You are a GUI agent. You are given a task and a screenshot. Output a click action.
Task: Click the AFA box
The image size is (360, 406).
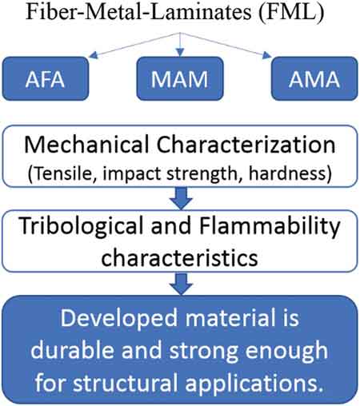click(46, 78)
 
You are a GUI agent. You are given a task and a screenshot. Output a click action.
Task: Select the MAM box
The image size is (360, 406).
click(180, 78)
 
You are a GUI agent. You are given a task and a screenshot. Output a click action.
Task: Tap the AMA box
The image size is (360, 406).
click(314, 78)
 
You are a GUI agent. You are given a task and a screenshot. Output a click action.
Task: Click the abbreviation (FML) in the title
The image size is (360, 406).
click(291, 12)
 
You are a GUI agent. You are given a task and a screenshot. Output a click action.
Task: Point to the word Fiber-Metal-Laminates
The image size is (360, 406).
click(138, 12)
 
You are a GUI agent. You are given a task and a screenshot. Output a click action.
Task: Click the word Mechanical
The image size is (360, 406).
click(86, 145)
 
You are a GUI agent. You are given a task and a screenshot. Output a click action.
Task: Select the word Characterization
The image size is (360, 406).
click(246, 145)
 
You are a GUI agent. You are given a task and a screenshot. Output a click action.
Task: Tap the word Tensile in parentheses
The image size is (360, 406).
click(62, 173)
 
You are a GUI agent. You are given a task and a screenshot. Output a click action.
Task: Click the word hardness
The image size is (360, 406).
click(290, 173)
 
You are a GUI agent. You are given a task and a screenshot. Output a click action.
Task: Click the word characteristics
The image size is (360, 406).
click(179, 258)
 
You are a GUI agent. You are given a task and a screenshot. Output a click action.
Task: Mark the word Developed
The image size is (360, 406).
click(119, 319)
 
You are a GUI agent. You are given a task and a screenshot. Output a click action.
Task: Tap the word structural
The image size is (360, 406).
click(126, 383)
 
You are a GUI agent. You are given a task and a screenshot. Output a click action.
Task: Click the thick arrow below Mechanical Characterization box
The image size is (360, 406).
click(181, 198)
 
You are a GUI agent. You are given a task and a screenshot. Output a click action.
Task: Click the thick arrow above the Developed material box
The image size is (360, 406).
click(181, 284)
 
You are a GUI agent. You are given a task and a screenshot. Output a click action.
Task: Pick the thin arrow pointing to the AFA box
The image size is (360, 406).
click(134, 45)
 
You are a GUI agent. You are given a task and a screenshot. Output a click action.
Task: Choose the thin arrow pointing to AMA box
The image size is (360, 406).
click(226, 45)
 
